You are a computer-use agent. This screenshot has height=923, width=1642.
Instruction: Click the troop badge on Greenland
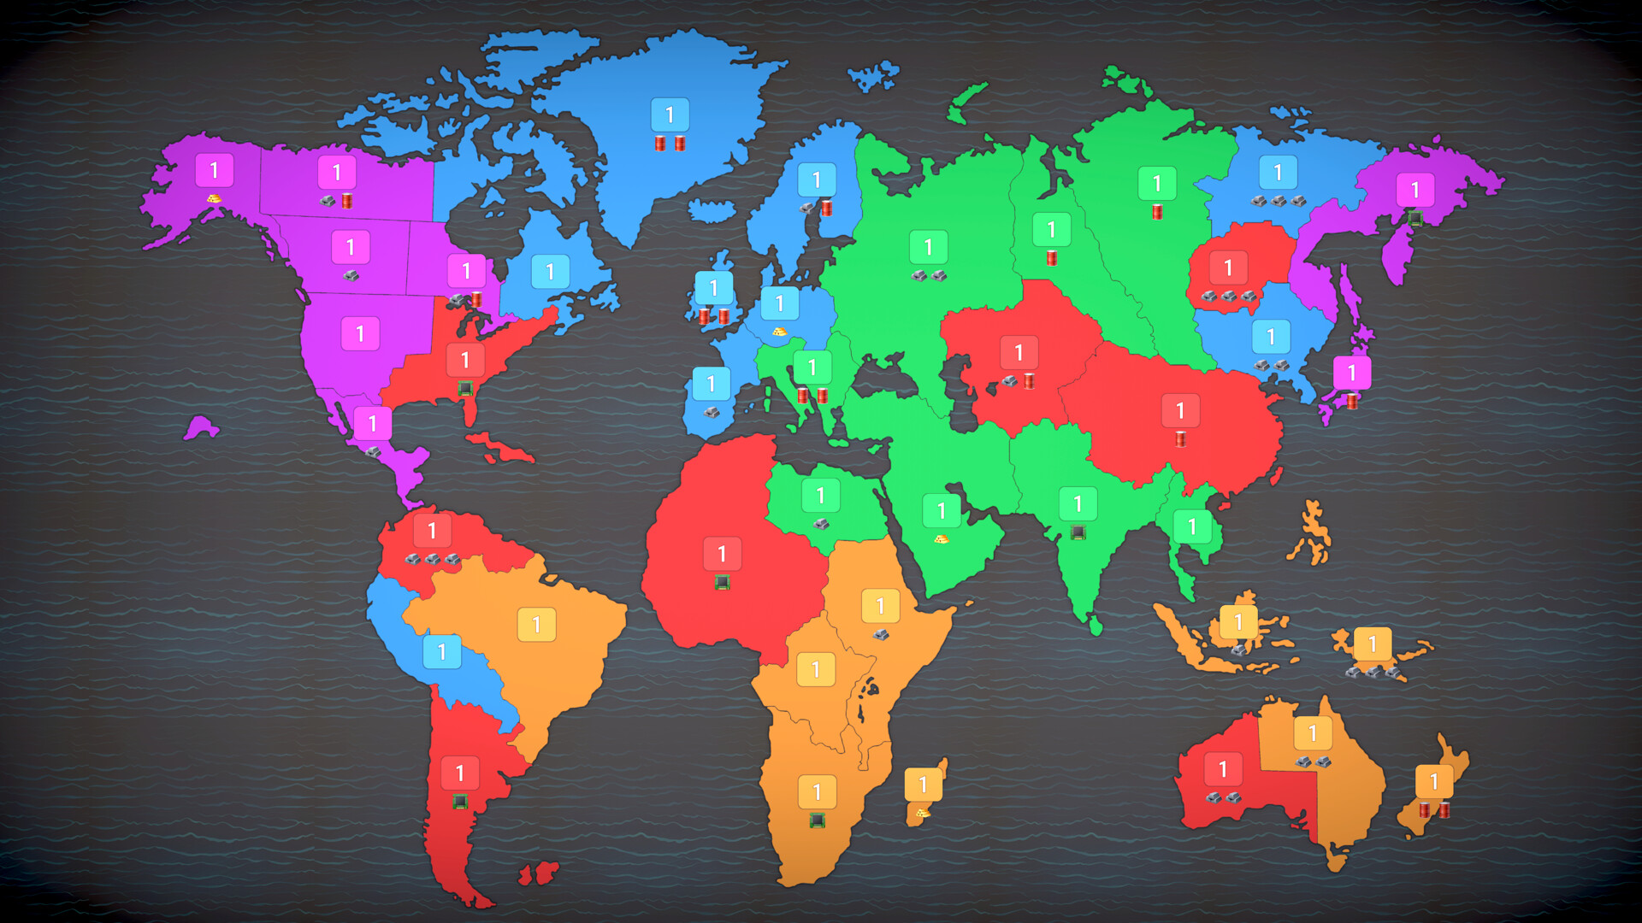[x=670, y=115]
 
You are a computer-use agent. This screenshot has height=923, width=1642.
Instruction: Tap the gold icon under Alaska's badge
[x=214, y=198]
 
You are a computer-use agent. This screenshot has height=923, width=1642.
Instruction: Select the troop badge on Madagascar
[x=923, y=785]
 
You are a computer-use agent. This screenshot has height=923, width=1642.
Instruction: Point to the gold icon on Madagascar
[x=923, y=813]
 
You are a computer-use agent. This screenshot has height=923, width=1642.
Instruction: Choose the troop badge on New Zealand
[x=1434, y=781]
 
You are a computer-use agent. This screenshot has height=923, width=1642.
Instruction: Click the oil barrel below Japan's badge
[x=1352, y=401]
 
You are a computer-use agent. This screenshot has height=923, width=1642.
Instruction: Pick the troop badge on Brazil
[x=537, y=625]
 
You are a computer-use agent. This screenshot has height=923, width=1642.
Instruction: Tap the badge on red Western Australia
[x=1223, y=769]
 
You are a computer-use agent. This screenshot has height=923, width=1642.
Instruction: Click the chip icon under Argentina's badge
[x=460, y=802]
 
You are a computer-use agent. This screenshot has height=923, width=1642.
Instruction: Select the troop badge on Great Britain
[x=714, y=289]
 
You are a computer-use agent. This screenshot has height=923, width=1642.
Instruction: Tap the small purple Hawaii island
[x=201, y=427]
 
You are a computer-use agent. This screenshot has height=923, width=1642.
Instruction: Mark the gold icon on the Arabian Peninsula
[x=942, y=539]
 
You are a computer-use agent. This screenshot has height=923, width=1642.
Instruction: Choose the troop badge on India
[x=1078, y=504]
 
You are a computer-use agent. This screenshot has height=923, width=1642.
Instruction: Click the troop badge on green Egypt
[x=820, y=496]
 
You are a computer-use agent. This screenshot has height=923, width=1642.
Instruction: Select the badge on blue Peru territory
[x=442, y=652]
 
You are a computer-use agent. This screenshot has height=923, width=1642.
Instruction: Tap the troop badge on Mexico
[x=373, y=424]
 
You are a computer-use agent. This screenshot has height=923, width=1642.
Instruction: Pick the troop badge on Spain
[x=712, y=385]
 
